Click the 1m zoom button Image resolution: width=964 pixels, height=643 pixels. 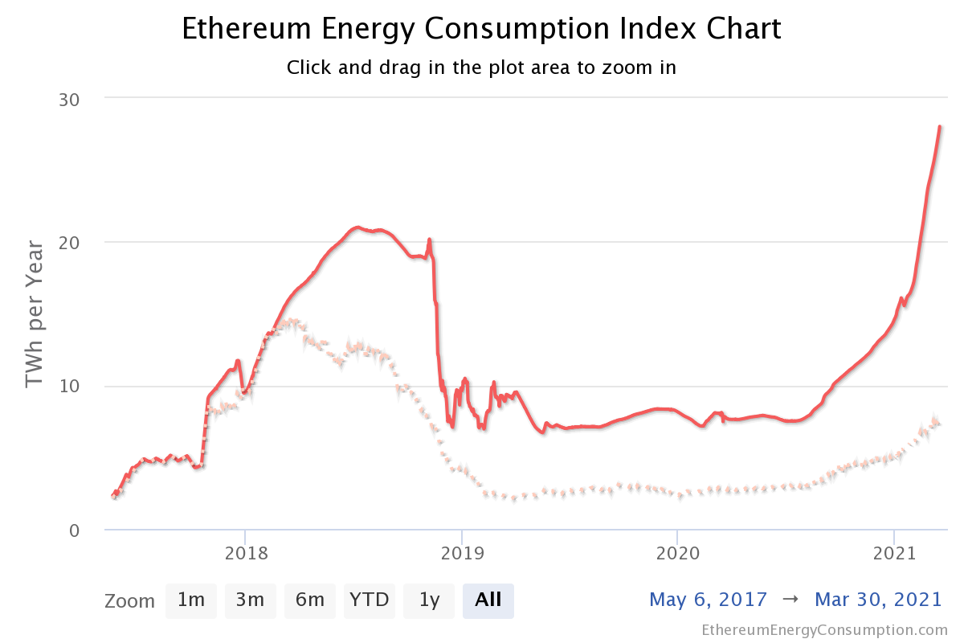pyautogui.click(x=191, y=600)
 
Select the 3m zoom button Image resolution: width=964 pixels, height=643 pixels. pyautogui.click(x=250, y=600)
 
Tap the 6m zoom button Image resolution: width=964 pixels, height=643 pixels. pyautogui.click(x=309, y=600)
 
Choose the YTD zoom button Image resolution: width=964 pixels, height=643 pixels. pyautogui.click(x=370, y=600)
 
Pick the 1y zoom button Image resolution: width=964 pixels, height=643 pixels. pyautogui.click(x=429, y=600)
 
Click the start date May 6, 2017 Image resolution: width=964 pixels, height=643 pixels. pyautogui.click(x=708, y=600)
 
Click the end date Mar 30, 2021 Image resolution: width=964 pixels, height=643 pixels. pyautogui.click(x=877, y=600)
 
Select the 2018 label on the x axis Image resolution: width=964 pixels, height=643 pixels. pyautogui.click(x=245, y=553)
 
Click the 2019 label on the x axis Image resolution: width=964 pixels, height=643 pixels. pyautogui.click(x=461, y=553)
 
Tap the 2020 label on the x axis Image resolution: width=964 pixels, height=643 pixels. pyautogui.click(x=677, y=553)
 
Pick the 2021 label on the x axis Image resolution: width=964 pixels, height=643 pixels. pyautogui.click(x=894, y=553)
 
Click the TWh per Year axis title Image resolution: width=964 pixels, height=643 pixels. pyautogui.click(x=35, y=313)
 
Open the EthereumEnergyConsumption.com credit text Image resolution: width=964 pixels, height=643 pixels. pyautogui.click(x=824, y=629)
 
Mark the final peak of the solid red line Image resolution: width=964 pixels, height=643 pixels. pyautogui.click(x=939, y=127)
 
